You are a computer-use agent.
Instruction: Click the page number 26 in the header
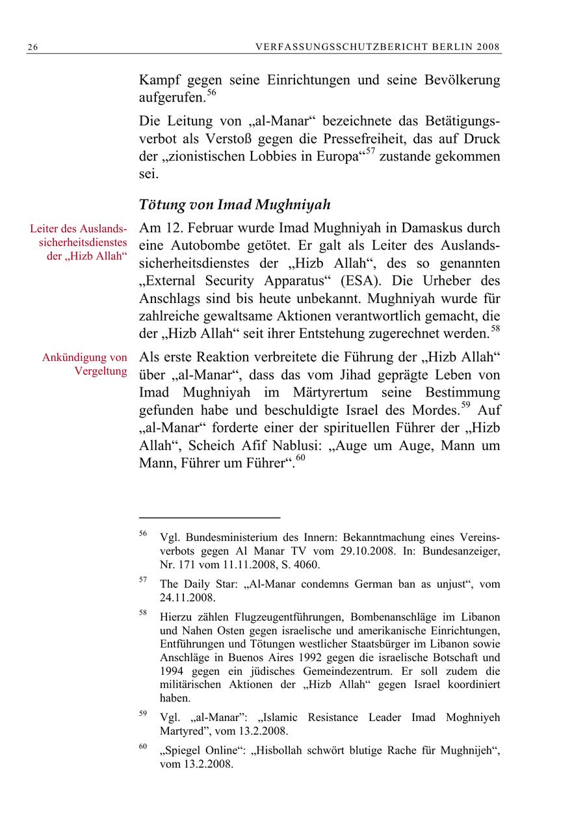point(31,47)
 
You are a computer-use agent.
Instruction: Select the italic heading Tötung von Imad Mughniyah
point(235,205)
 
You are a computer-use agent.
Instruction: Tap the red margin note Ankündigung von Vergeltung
point(84,364)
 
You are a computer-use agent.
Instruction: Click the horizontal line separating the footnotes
point(209,518)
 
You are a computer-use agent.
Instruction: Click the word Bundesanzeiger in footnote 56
point(462,551)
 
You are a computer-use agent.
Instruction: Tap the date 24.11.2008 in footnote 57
point(187,597)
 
